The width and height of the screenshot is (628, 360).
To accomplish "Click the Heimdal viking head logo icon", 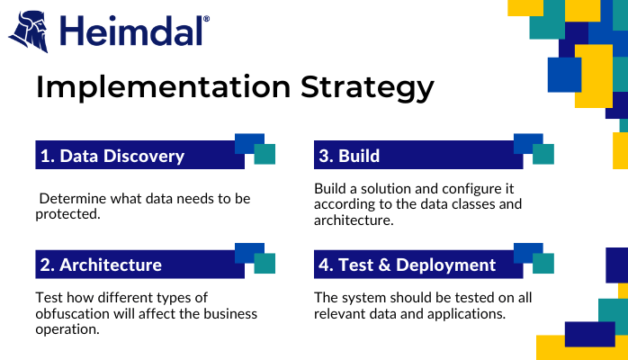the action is (x=29, y=31).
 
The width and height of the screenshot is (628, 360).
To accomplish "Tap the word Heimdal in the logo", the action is (x=131, y=31).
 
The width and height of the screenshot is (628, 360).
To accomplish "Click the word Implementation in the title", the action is (x=164, y=87).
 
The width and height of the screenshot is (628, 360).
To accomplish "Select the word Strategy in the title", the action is (x=367, y=87).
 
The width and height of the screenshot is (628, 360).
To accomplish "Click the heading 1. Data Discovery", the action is (x=112, y=156).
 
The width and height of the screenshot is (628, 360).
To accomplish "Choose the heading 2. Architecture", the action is (x=101, y=265).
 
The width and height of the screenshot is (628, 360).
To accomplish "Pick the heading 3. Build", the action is (x=349, y=156).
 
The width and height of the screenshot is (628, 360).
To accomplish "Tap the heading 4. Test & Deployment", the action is (x=407, y=265).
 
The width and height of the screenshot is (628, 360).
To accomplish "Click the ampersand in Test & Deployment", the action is (x=384, y=265).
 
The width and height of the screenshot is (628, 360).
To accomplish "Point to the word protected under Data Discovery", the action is (x=67, y=214).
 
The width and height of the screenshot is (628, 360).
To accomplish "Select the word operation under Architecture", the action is (x=67, y=329).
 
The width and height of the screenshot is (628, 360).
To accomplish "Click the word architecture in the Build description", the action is (x=354, y=220).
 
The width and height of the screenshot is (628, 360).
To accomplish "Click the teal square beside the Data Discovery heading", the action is (x=265, y=154).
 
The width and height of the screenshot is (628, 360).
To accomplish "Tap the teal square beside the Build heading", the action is (x=543, y=154).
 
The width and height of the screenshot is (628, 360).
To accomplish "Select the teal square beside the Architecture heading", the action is (x=265, y=263).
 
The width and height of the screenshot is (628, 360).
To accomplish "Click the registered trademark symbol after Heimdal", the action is (x=206, y=19).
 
